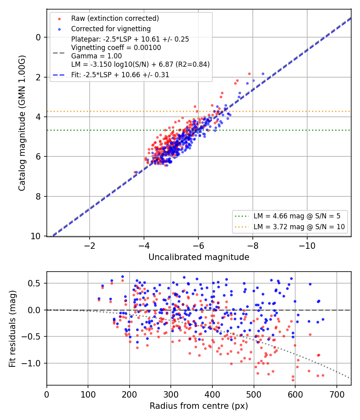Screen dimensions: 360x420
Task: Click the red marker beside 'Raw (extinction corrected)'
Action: pyautogui.click(x=60, y=19)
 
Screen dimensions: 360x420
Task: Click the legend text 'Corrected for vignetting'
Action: pyautogui.click(x=111, y=29)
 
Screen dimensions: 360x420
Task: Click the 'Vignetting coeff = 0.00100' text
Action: pyautogui.click(x=116, y=48)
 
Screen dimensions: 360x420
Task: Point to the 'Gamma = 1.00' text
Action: pyautogui.click(x=96, y=56)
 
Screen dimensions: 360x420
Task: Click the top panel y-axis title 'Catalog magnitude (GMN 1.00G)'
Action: pyautogui.click(x=22, y=123)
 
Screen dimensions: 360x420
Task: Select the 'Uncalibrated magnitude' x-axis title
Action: pyautogui.click(x=199, y=257)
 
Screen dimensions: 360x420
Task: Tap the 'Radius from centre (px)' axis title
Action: pyautogui.click(x=199, y=406)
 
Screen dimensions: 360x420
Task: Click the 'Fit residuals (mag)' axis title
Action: pyautogui.click(x=12, y=329)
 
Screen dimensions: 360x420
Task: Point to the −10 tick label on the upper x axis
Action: pyautogui.click(x=307, y=246)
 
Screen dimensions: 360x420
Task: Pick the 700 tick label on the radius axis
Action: pyautogui.click(x=336, y=394)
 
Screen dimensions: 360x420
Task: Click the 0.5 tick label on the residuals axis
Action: pyautogui.click(x=34, y=283)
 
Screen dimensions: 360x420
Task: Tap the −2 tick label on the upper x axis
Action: pyautogui.click(x=90, y=246)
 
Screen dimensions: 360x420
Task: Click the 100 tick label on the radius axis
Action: pyautogui.click(x=88, y=394)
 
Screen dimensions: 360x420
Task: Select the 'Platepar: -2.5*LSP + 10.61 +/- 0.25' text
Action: pyautogui.click(x=130, y=39)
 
